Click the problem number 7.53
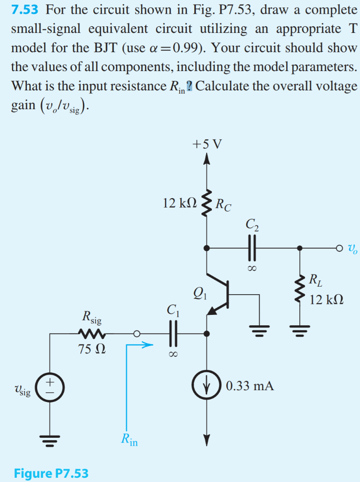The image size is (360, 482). tap(25, 10)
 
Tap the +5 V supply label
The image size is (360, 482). tap(206, 144)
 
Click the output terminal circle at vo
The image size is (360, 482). tap(340, 248)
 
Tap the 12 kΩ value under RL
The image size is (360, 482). tap(327, 299)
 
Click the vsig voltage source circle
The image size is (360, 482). tap(49, 387)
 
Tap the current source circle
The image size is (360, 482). tap(206, 386)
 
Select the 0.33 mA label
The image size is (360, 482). tap(249, 386)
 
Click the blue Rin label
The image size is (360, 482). tap(129, 440)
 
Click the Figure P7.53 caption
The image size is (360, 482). tap(51, 473)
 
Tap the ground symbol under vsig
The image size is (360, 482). tap(49, 440)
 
